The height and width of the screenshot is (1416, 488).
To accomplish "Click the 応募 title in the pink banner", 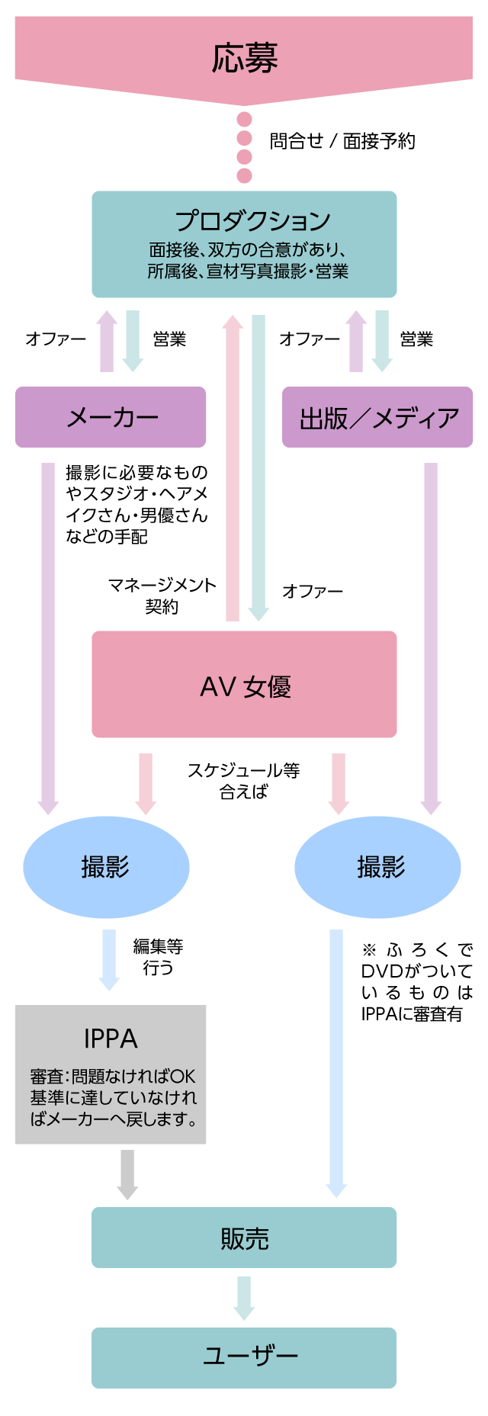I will click(x=244, y=58).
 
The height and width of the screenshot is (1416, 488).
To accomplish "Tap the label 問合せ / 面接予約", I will click(x=342, y=141).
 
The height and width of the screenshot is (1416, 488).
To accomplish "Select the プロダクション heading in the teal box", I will click(x=252, y=220).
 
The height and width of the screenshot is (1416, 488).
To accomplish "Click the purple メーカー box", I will click(x=111, y=417).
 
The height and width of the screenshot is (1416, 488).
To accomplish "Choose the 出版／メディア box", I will click(x=377, y=417).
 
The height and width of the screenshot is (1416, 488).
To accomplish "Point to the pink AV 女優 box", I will click(x=244, y=685).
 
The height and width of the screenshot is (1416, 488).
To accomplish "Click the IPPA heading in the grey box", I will click(x=111, y=1039).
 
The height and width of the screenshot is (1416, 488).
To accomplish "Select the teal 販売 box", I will click(x=244, y=1238).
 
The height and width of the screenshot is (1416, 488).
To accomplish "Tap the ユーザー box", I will click(x=244, y=1357).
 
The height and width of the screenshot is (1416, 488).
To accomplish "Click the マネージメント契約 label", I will click(x=162, y=596).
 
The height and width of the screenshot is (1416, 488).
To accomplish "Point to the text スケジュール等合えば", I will click(x=243, y=781).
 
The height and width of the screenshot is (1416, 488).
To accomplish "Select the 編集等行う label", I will click(x=158, y=957).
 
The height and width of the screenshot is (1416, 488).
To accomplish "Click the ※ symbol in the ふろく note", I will click(x=369, y=950).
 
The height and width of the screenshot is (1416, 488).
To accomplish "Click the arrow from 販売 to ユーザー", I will click(x=244, y=1298).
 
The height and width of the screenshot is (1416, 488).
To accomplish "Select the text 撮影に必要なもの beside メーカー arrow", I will click(x=136, y=473).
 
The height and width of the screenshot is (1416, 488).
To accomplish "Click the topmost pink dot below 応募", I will click(x=244, y=120).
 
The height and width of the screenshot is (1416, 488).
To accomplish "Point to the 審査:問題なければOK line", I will click(x=113, y=1076).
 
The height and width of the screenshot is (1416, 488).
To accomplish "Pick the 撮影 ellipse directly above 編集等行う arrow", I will click(x=106, y=867).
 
